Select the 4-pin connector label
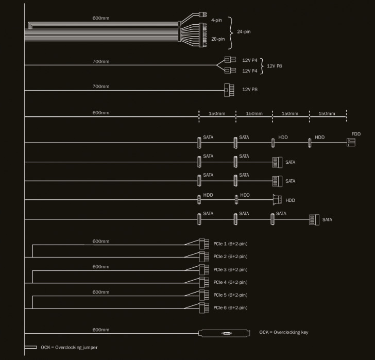tap(216, 21)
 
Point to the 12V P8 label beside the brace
tap(275, 65)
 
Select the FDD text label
tap(356, 134)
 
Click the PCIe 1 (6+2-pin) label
tap(230, 244)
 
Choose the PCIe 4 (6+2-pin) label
tap(230, 282)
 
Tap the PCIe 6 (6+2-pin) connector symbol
tap(203, 308)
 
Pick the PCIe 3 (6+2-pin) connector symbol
tap(203, 269)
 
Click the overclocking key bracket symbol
tap(225, 333)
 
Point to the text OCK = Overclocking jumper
tap(69, 348)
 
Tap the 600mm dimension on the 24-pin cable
tap(101, 19)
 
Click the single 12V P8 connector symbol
tap(229, 90)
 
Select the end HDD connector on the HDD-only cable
tap(277, 200)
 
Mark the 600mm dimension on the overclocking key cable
tap(101, 330)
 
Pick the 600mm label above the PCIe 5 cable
tap(101, 292)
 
